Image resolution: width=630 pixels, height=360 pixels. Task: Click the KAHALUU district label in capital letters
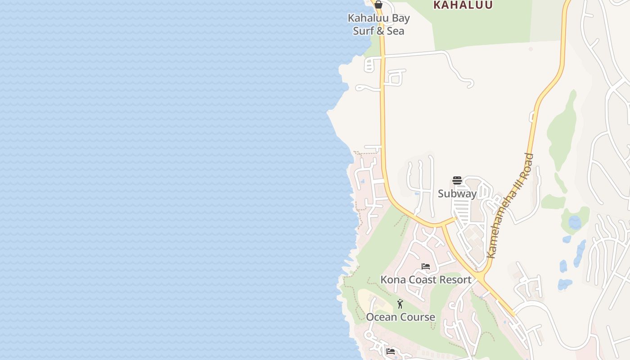tap(463, 5)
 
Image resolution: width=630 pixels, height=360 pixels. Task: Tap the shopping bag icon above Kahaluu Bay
tap(378, 4)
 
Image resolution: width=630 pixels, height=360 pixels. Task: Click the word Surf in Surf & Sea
tap(363, 31)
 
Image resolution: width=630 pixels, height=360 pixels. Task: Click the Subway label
tap(457, 193)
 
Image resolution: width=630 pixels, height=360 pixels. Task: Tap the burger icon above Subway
tap(457, 181)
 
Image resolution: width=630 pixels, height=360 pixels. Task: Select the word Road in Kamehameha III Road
tap(528, 163)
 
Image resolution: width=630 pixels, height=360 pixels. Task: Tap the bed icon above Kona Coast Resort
tap(426, 266)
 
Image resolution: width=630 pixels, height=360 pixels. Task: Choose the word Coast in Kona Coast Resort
tap(421, 279)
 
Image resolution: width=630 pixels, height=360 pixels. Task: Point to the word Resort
tap(455, 279)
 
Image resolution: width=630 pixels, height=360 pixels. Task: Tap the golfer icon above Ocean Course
tap(400, 304)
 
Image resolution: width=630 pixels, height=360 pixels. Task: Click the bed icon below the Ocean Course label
tap(391, 351)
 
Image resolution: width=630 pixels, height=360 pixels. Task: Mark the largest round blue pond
tap(575, 222)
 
